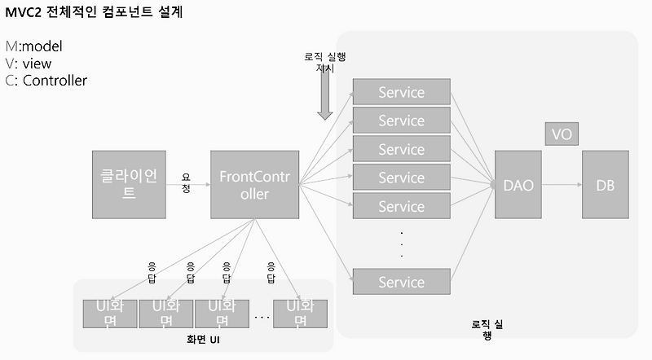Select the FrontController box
click(255, 185)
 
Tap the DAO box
click(518, 185)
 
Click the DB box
click(605, 185)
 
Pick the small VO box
click(562, 134)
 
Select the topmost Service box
click(401, 92)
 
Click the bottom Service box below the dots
click(401, 282)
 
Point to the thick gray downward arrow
click(324, 103)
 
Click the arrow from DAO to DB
click(561, 185)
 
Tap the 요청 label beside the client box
click(186, 182)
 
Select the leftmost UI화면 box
click(109, 313)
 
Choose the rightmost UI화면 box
click(300, 313)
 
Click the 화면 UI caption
click(203, 338)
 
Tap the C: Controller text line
click(46, 80)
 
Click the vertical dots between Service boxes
click(401, 244)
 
